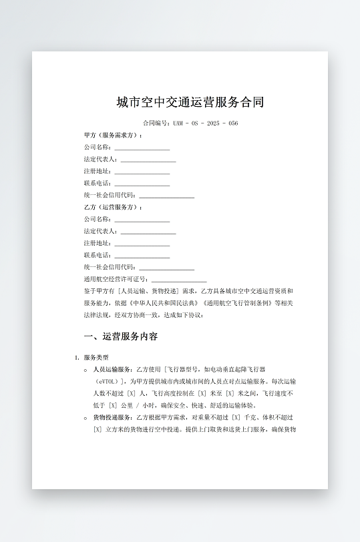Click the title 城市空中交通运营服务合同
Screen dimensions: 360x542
coord(190,102)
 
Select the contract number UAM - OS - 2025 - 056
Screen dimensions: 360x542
coord(205,123)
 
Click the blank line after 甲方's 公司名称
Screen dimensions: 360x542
coord(142,148)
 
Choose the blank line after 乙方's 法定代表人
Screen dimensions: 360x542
coord(148,232)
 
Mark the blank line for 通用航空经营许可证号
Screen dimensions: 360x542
coord(179,280)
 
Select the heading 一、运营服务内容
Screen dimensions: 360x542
coord(121,336)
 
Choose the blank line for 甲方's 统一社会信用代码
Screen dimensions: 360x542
coord(166,196)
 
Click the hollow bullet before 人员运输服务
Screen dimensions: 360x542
coord(85,370)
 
